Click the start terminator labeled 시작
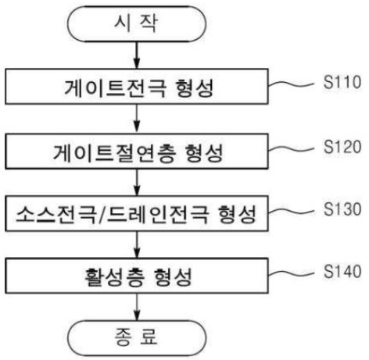point(137,24)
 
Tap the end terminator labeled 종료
point(137,338)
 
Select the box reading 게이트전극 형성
point(137,87)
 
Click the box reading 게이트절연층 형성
point(137,151)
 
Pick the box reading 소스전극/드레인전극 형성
point(137,214)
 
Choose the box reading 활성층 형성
point(137,276)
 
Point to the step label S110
point(342,82)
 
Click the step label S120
point(342,147)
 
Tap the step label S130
point(342,209)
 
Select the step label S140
point(342,271)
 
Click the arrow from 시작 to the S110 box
point(137,55)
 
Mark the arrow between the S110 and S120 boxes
point(137,119)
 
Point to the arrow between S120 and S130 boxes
point(137,183)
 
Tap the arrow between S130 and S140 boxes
point(137,244)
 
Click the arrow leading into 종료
point(137,307)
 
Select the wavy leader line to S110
point(291,84)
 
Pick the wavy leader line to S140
point(291,273)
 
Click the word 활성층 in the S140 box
point(114,277)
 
